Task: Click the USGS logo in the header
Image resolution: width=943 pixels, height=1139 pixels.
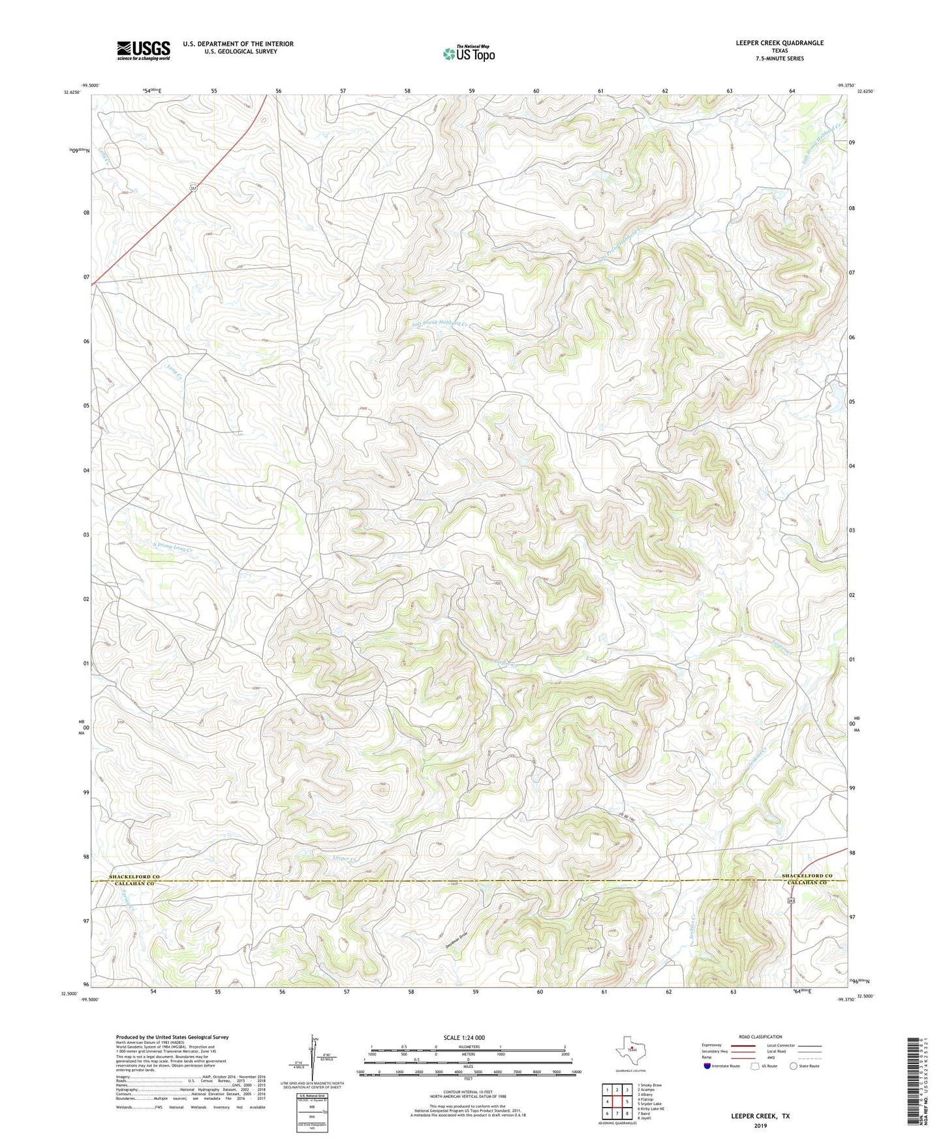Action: click(144, 50)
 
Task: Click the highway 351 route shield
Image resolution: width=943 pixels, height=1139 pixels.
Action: click(193, 188)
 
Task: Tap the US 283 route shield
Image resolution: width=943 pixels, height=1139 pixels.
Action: click(790, 900)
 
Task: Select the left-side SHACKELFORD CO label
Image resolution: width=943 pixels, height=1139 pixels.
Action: click(134, 877)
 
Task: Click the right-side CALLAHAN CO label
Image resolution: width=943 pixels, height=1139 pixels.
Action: click(807, 883)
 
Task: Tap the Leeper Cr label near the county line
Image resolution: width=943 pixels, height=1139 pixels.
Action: click(344, 858)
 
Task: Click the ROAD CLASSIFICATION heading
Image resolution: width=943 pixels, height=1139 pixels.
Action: click(760, 1037)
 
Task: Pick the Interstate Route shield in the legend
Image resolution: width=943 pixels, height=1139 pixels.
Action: click(707, 1066)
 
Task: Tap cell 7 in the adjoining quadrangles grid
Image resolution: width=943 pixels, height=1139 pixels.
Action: click(617, 1114)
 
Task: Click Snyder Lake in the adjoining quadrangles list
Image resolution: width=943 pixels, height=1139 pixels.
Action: click(652, 1104)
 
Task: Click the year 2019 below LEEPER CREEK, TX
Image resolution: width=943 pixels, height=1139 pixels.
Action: click(760, 1125)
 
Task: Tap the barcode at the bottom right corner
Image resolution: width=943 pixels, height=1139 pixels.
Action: click(913, 1082)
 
